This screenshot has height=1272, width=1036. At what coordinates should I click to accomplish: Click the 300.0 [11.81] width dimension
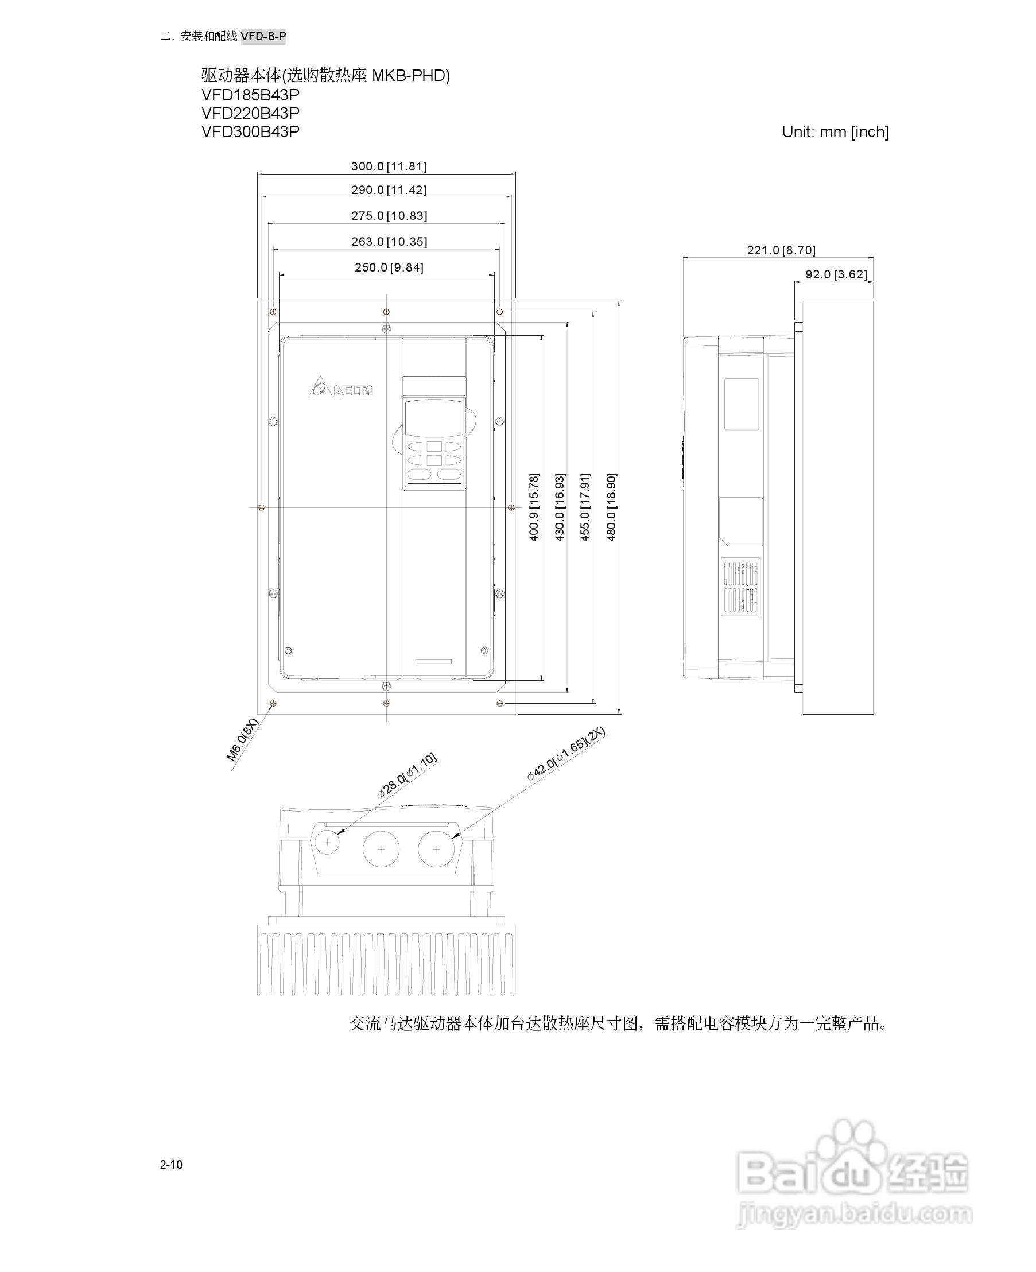click(389, 166)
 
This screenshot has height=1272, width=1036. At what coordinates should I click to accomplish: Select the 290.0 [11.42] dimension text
click(389, 191)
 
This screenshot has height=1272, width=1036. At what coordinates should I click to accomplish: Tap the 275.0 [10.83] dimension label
click(389, 216)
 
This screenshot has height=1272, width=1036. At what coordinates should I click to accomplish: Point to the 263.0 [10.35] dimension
click(389, 242)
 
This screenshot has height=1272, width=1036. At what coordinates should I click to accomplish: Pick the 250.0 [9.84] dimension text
click(389, 267)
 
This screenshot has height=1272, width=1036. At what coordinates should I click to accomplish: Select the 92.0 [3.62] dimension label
click(836, 274)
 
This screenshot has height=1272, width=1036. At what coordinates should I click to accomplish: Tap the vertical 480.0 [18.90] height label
click(612, 507)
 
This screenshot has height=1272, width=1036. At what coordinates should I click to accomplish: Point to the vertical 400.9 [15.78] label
click(534, 507)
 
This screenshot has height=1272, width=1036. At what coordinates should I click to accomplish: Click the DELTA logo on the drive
click(341, 387)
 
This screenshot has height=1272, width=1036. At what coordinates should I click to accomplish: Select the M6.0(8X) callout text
click(243, 740)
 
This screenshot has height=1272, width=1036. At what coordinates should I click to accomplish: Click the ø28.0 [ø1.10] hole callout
click(407, 775)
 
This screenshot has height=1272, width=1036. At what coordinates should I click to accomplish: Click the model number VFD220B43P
click(250, 114)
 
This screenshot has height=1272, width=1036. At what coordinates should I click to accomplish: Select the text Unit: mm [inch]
click(835, 132)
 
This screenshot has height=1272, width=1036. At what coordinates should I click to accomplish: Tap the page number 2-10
click(171, 1165)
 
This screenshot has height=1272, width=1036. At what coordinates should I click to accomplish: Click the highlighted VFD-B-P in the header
click(263, 36)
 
